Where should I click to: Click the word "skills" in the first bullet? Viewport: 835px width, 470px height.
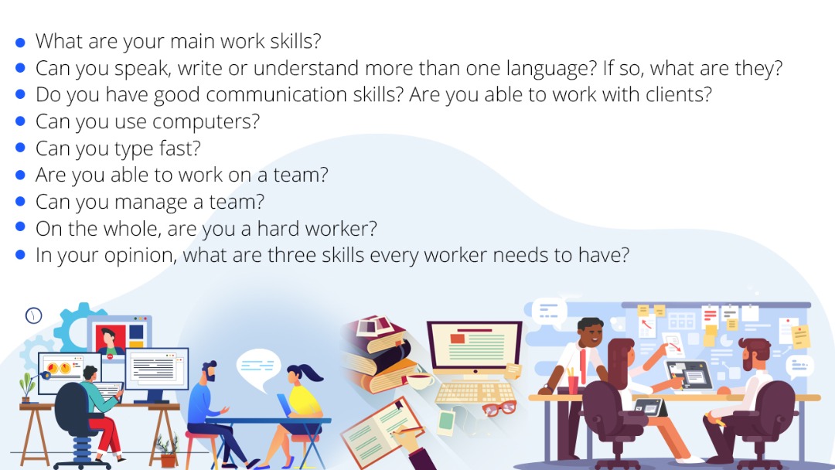click(x=295, y=41)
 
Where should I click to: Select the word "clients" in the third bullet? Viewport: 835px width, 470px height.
click(x=679, y=95)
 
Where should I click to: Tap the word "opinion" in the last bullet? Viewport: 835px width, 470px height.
click(x=141, y=256)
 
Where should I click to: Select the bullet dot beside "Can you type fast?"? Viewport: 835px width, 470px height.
click(x=20, y=148)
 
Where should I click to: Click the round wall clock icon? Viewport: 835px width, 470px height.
click(x=33, y=315)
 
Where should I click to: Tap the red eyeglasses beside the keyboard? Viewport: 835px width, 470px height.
click(x=499, y=408)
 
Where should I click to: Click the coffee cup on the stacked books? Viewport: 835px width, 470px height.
click(x=419, y=380)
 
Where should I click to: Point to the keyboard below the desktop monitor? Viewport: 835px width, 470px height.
click(x=474, y=393)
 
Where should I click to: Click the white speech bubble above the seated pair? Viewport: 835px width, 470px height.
click(x=258, y=368)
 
